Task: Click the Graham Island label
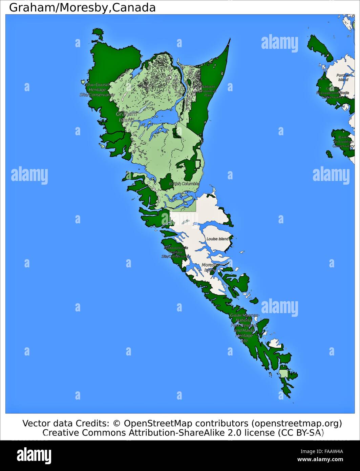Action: [x=126, y=117]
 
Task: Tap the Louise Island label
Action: [x=217, y=239]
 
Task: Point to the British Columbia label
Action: [x=184, y=184]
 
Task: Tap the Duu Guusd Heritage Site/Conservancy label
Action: [x=97, y=90]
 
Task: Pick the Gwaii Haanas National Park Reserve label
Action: [x=244, y=327]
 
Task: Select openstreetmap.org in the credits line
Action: [x=296, y=423]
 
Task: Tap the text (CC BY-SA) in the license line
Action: [x=301, y=432]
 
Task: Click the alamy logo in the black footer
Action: [x=34, y=455]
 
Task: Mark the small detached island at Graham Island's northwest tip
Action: [x=98, y=33]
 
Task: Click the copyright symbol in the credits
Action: [x=117, y=423]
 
